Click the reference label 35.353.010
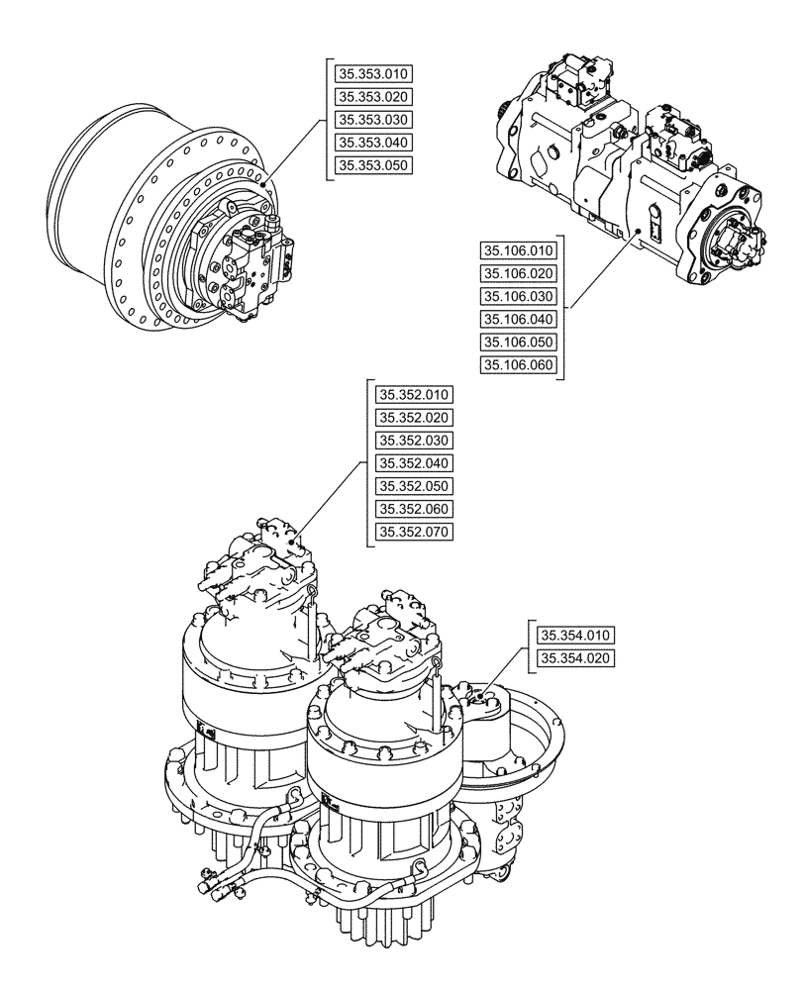click(372, 73)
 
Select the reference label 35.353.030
click(372, 119)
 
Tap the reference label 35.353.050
click(372, 165)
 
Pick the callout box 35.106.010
click(519, 250)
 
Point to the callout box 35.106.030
click(519, 296)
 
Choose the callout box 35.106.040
click(519, 319)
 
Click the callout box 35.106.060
click(519, 365)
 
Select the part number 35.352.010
click(414, 395)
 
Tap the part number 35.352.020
click(414, 418)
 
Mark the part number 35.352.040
click(414, 463)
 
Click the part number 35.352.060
click(414, 509)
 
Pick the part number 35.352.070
click(414, 533)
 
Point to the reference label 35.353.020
click(372, 96)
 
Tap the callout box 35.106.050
click(519, 342)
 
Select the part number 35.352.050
click(414, 486)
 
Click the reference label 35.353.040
click(372, 143)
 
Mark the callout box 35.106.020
click(519, 273)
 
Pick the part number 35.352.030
click(414, 441)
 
